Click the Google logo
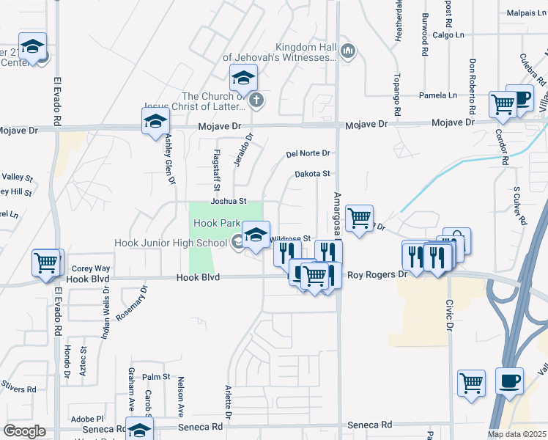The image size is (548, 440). [24, 431]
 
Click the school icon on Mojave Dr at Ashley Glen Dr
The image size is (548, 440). [155, 122]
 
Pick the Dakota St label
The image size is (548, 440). [313, 174]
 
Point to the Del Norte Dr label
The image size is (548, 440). [308, 154]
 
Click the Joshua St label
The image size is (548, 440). [227, 201]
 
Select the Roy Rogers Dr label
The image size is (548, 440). [377, 274]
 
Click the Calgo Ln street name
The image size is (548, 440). [448, 35]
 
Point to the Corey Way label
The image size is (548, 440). [91, 268]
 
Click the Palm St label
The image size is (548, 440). [156, 377]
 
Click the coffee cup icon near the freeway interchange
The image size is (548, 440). [509, 381]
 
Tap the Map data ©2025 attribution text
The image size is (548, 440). [516, 434]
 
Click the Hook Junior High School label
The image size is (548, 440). [171, 243]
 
